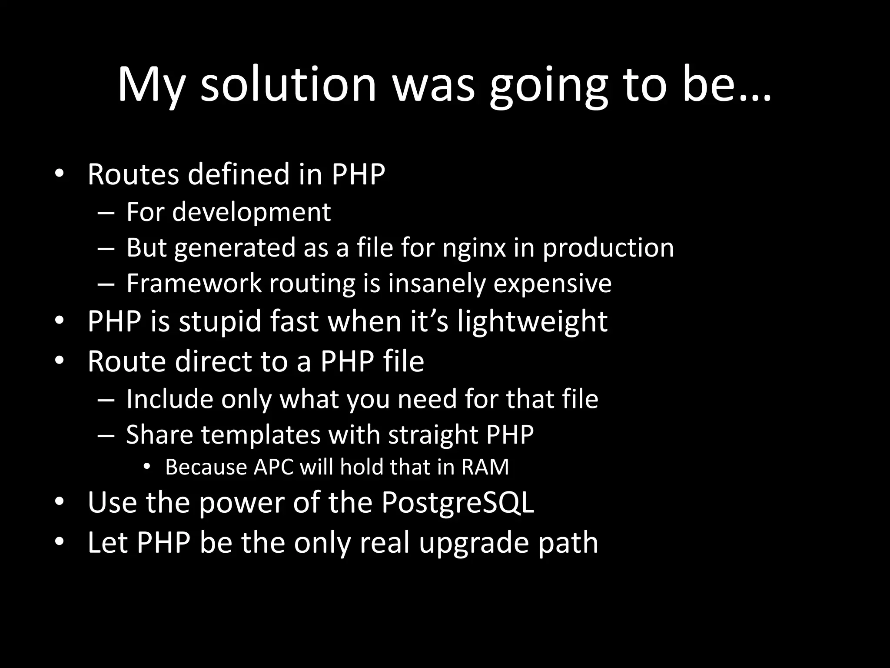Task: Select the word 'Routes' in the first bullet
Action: tap(133, 174)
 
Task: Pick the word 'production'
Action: tap(608, 248)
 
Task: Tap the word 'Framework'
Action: tap(194, 284)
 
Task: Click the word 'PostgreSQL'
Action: tap(458, 503)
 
